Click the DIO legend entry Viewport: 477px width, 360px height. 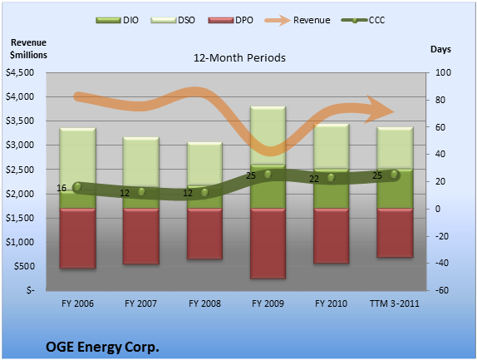(117, 21)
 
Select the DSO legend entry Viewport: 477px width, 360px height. (173, 21)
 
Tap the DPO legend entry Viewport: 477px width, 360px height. (230, 21)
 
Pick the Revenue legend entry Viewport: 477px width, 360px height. (298, 21)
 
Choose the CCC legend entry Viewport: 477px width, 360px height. (363, 21)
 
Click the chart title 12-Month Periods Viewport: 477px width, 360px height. (239, 58)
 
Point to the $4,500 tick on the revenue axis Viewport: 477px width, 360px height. (20, 72)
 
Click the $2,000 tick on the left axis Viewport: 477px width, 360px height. (20, 194)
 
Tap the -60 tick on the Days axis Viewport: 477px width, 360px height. (442, 290)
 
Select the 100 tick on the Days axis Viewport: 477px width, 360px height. (443, 72)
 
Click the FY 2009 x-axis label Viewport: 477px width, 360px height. (268, 303)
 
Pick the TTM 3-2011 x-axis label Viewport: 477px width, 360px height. (395, 303)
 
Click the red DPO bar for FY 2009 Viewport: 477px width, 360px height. (268, 244)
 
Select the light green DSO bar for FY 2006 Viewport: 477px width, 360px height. (78, 159)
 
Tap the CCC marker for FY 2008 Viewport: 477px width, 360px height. (204, 192)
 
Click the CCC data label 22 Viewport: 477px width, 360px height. (314, 179)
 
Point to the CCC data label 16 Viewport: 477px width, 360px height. (61, 188)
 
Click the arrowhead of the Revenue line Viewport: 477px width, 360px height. (380, 110)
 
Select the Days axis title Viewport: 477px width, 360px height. (440, 49)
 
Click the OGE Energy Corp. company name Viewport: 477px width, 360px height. (102, 347)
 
